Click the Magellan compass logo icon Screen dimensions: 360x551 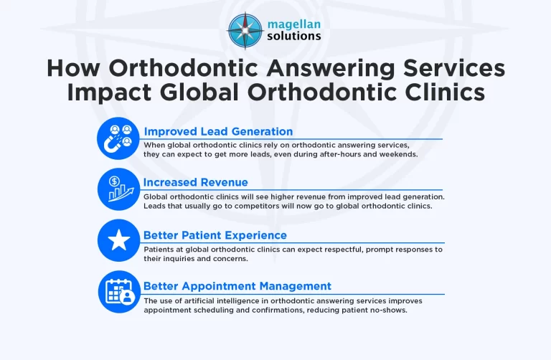pos(245,29)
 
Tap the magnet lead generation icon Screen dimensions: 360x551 pos(118,138)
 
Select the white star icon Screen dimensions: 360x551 pos(118,240)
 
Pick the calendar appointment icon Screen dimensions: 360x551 pos(118,291)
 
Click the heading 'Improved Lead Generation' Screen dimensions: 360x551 pos(218,131)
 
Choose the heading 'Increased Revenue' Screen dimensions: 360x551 pos(195,182)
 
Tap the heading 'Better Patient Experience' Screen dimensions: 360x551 pos(215,235)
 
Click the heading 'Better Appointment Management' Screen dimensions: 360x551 pos(237,285)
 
